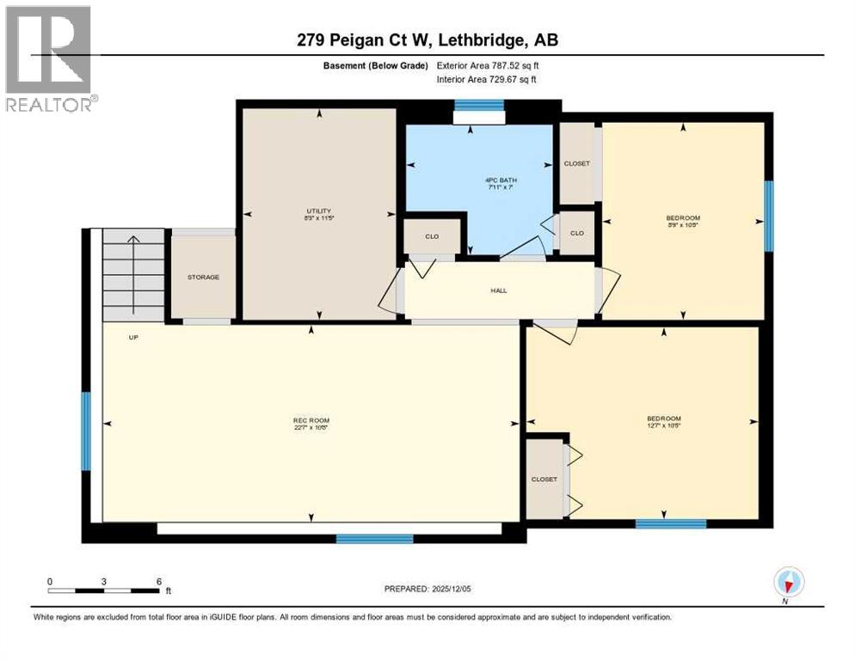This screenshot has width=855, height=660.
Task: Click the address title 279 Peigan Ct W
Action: click(427, 40)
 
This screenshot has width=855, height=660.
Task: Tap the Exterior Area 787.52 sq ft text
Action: click(488, 65)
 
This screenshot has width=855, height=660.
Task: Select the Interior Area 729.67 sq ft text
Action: click(488, 79)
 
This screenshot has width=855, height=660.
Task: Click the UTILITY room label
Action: click(319, 214)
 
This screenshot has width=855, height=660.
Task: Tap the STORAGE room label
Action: click(203, 278)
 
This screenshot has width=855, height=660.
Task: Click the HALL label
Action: click(499, 290)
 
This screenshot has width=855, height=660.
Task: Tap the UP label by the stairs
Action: click(133, 338)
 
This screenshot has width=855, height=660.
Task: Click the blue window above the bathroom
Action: click(478, 105)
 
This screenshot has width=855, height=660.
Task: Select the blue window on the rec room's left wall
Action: click(86, 431)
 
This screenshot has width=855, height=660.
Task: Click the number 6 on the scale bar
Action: click(159, 582)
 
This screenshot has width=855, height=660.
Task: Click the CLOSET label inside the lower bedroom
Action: click(544, 480)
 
